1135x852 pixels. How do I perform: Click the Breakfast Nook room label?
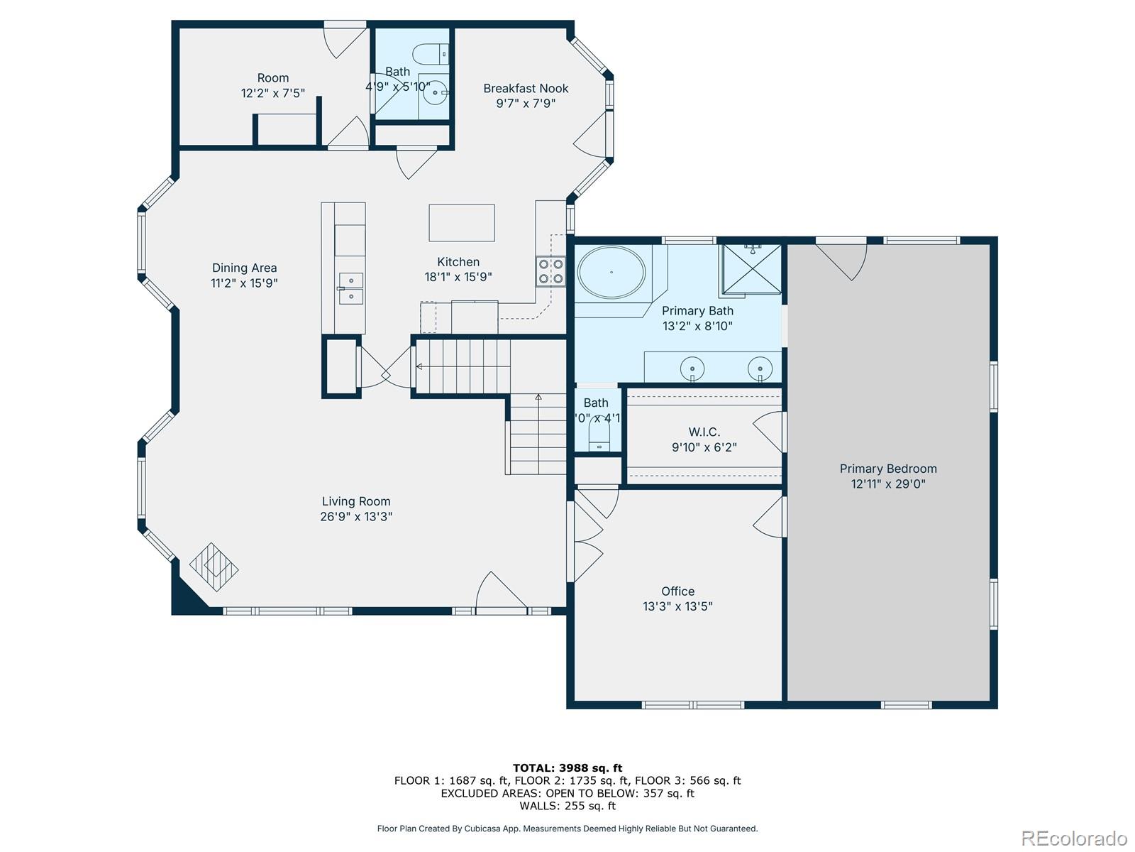[526, 89]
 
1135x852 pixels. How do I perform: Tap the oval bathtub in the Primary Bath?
[611, 273]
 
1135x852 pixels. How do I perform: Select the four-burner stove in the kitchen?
[550, 271]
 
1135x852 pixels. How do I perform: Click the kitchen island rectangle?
[461, 223]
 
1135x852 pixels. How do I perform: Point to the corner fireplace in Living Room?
[214, 567]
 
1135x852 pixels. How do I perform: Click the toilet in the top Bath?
[431, 53]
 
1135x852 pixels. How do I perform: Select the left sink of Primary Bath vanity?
[692, 369]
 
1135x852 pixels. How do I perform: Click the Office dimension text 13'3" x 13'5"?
[677, 606]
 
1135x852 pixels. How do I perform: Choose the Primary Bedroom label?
[888, 469]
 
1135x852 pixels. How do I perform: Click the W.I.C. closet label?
[704, 432]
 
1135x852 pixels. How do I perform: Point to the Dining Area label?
[244, 268]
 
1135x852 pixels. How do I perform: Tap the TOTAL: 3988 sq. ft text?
[567, 768]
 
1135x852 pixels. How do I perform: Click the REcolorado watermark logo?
[1074, 839]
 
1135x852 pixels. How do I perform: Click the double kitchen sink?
[350, 288]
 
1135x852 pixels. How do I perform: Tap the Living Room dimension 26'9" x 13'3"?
[356, 517]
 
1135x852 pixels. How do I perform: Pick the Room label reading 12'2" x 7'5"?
[272, 93]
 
